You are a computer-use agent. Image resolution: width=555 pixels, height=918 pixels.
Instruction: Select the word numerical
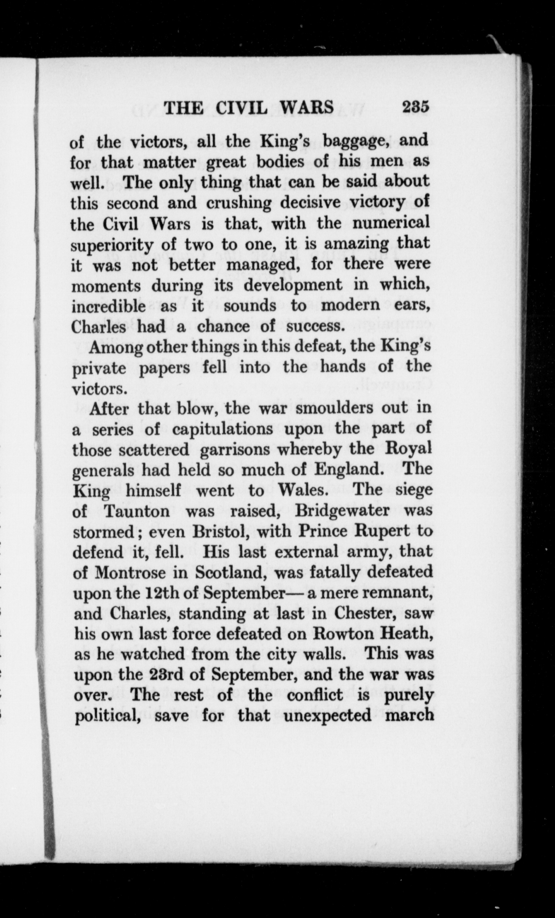(391, 224)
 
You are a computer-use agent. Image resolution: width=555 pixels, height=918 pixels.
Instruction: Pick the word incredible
(108, 306)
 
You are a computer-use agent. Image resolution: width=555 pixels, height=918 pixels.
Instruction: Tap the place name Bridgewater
(342, 511)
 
